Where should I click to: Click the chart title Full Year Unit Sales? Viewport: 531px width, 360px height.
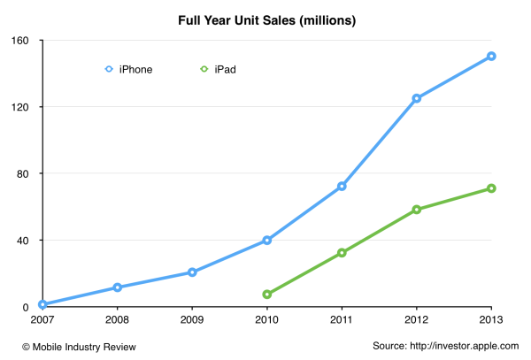pyautogui.click(x=265, y=18)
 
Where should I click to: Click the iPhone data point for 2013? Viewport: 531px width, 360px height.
pyautogui.click(x=491, y=57)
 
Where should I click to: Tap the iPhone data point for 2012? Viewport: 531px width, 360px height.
pyautogui.click(x=416, y=98)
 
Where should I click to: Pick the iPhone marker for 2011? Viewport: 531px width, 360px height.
pyautogui.click(x=342, y=187)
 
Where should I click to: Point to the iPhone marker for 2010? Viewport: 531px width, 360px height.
pyautogui.click(x=266, y=241)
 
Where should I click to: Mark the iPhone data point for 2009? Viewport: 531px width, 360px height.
pyautogui.click(x=192, y=272)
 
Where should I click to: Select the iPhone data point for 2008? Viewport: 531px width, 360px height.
pyautogui.click(x=117, y=287)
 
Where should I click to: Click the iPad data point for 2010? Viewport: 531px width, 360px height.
pyautogui.click(x=266, y=295)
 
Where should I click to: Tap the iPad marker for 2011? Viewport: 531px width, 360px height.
pyautogui.click(x=342, y=253)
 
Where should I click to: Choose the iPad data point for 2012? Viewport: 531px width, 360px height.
pyautogui.click(x=416, y=210)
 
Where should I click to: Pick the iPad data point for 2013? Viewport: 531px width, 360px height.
pyautogui.click(x=491, y=188)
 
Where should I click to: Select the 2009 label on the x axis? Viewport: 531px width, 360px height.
pyautogui.click(x=192, y=318)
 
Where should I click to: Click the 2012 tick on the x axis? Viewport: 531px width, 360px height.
pyautogui.click(x=416, y=318)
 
